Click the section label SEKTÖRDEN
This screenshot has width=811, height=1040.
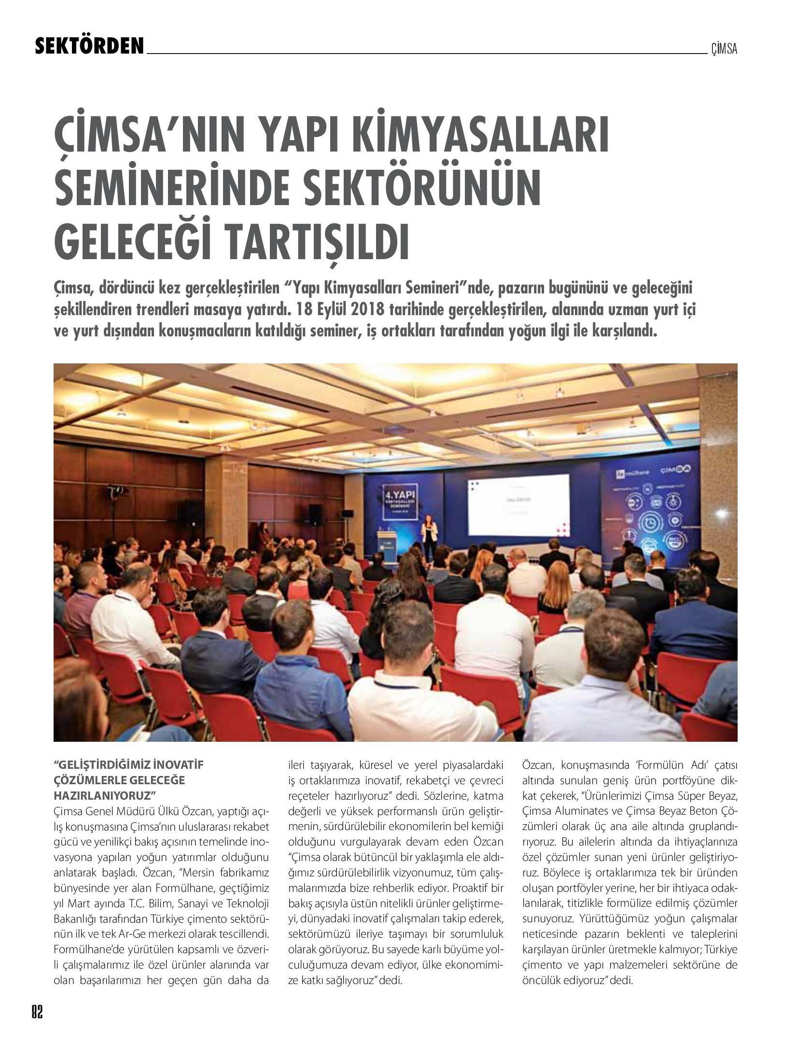pos(90,46)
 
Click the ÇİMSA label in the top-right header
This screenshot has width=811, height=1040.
pos(724,49)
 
